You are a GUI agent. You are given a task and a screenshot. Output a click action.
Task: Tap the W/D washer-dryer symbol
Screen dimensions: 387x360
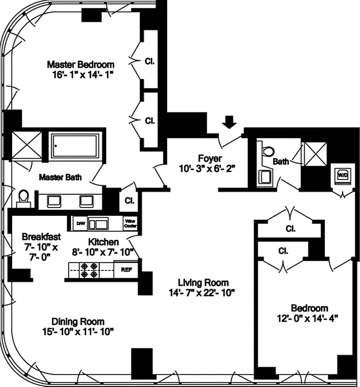343,175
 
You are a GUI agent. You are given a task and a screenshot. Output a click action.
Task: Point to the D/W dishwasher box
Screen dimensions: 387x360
80,223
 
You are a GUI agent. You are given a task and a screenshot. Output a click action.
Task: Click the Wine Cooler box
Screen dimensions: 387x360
130,223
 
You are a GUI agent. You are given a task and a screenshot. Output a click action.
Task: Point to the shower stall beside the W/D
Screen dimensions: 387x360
315,156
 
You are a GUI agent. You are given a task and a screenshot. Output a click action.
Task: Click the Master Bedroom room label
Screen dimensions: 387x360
81,64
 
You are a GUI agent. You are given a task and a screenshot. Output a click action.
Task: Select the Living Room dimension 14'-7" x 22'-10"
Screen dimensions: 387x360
202,292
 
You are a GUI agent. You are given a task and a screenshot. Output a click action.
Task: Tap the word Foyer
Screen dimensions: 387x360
210,158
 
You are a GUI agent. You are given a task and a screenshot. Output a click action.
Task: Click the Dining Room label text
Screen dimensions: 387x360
78,321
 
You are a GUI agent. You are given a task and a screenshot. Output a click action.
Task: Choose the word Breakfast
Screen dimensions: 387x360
41,237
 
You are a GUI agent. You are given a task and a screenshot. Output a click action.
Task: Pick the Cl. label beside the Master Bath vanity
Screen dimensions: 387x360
129,200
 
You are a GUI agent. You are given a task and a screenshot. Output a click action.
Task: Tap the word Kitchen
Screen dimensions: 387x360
103,241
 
